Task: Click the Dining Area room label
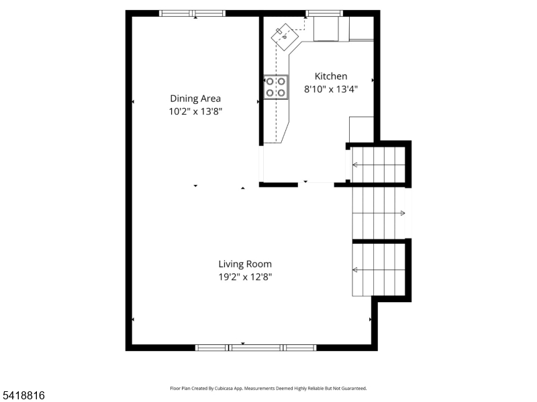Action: point(195,98)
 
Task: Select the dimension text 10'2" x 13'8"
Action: point(195,112)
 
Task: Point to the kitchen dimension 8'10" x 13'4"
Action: point(331,89)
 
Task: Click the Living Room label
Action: point(245,264)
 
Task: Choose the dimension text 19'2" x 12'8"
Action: point(245,277)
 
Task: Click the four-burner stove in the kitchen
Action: point(276,87)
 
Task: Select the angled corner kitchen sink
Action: point(285,33)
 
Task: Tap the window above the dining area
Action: point(192,13)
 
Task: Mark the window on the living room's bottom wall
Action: point(256,347)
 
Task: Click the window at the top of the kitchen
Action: point(325,13)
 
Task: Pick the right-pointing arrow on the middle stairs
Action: point(403,213)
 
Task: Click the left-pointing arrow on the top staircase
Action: point(355,164)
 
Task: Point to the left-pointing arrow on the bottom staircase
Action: point(355,270)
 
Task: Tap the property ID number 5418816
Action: point(23,395)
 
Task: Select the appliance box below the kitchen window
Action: point(327,29)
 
